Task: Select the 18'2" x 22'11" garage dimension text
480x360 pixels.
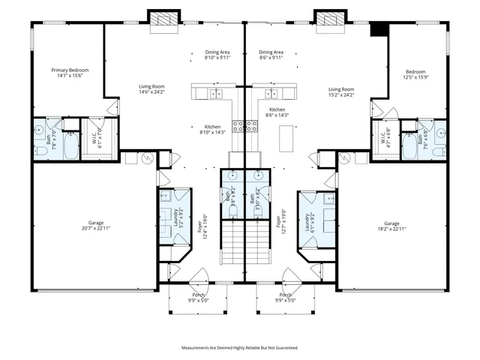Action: tap(391, 229)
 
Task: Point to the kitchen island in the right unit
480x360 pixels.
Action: tap(286, 138)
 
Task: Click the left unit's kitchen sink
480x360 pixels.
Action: tap(215, 94)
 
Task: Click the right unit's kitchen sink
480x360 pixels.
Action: tap(273, 94)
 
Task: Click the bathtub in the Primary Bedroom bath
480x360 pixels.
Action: tap(69, 146)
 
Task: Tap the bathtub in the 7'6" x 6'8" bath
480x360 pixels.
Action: tap(410, 146)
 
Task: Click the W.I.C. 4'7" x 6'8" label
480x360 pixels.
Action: tap(385, 139)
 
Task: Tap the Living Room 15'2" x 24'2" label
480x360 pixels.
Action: tap(341, 92)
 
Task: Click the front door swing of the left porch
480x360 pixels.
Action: tap(199, 276)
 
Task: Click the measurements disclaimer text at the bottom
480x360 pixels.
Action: tap(240, 348)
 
